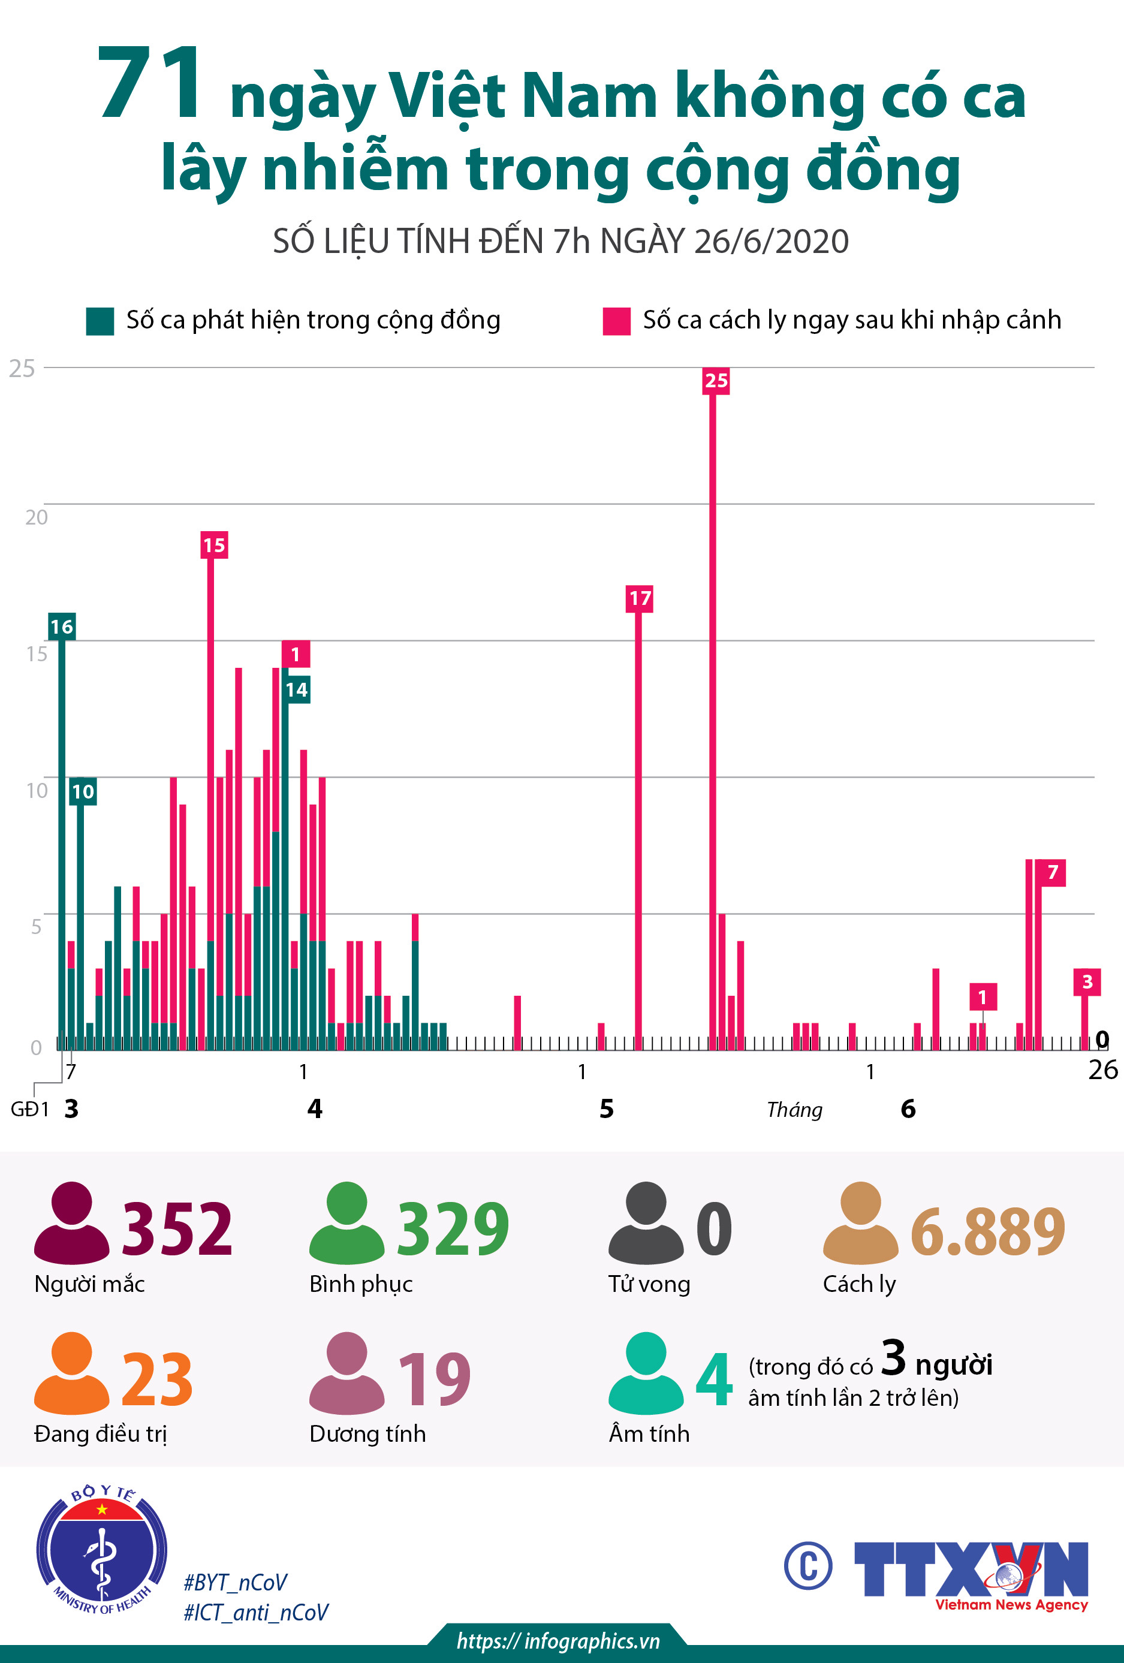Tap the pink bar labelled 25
pos(713,716)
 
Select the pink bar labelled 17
pos(638,823)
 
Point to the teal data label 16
pos(62,627)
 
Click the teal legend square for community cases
pos(100,321)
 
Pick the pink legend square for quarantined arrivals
pos(616,321)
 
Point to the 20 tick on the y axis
pos(36,517)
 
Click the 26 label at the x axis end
pos(1102,1069)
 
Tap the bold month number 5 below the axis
pos(606,1108)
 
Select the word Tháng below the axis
pos(794,1110)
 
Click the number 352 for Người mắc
pos(177,1228)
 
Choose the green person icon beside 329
pos(347,1223)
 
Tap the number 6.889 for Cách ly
pos(987,1231)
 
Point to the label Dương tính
pos(367,1433)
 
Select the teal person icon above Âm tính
pos(646,1373)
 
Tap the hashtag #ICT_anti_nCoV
pos(255,1613)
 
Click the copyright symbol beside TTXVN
pos(807,1566)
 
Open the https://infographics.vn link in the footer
pos(558,1641)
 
